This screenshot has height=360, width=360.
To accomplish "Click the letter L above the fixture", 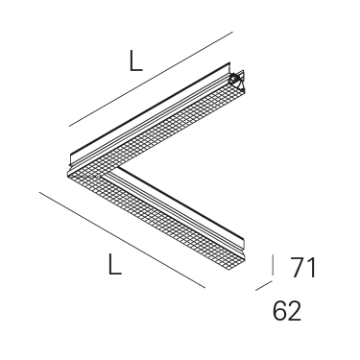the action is (x=135, y=60).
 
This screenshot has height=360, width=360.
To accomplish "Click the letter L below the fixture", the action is (x=115, y=264).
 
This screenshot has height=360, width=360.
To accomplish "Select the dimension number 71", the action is (x=303, y=267).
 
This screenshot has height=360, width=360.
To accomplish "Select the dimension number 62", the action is (x=287, y=311).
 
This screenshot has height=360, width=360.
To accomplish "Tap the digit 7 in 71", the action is (x=297, y=267).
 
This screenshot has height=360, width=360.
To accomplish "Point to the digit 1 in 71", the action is (x=311, y=267).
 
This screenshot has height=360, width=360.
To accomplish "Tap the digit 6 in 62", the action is (x=280, y=311).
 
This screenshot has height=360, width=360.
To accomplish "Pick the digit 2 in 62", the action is (x=295, y=311).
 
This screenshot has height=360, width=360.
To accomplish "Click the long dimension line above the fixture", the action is (x=151, y=79).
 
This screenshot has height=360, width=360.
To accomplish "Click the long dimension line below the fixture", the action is (x=122, y=240).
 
